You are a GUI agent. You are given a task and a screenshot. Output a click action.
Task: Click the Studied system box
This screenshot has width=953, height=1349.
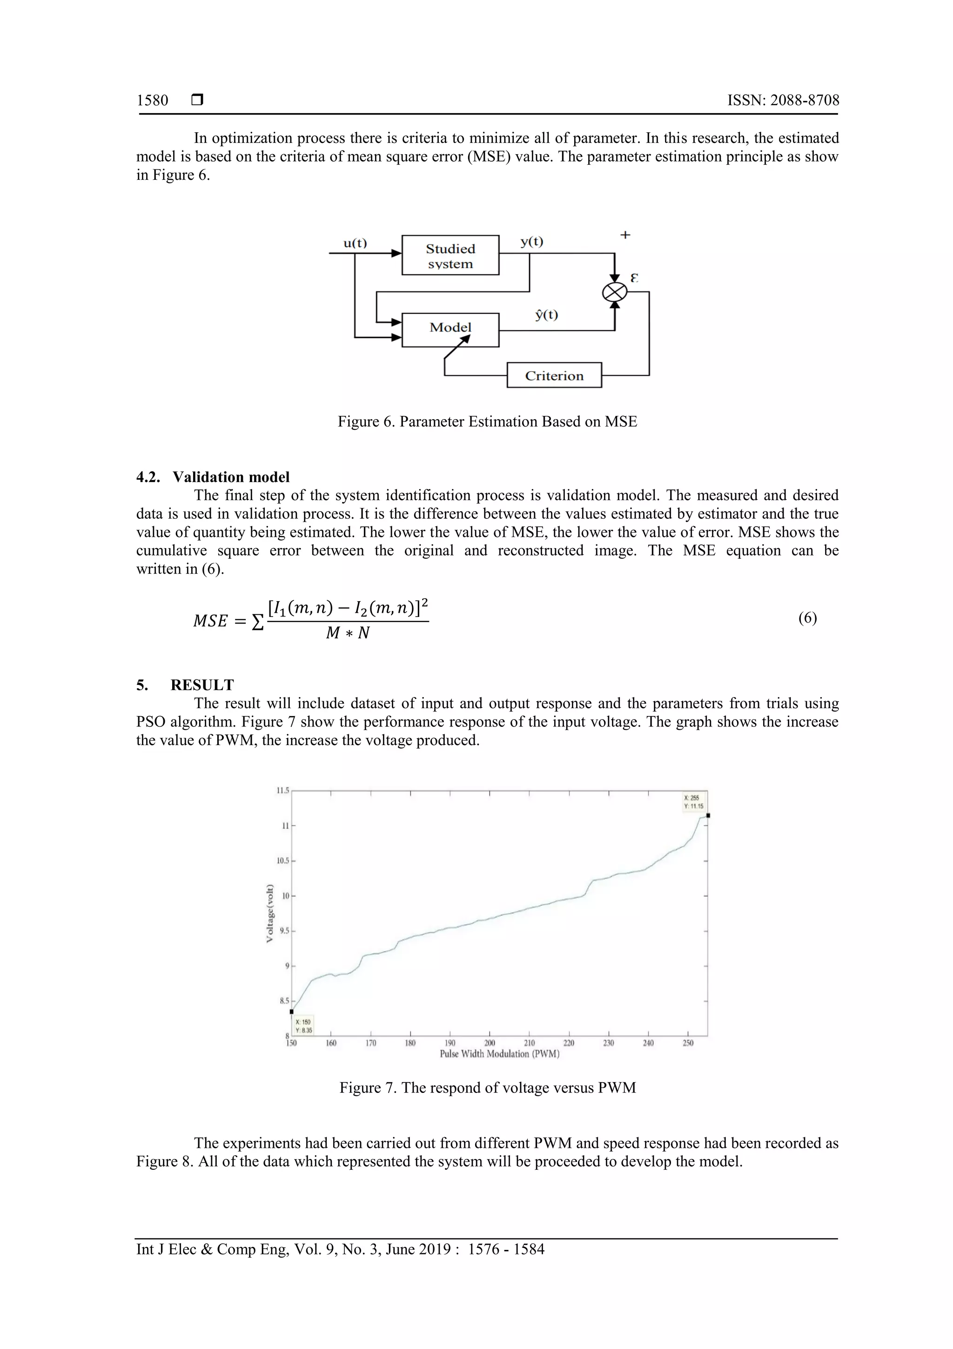point(450,256)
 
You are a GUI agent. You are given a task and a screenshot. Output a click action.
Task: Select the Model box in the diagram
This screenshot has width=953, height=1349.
point(450,328)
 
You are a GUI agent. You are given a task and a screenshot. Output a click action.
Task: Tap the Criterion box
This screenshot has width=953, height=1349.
point(554,375)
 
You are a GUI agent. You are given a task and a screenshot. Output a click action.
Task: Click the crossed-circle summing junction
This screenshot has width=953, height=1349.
point(615,292)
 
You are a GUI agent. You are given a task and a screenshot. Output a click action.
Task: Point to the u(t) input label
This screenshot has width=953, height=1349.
point(355,243)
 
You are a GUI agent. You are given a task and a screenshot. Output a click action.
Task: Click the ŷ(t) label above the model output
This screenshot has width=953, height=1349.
point(546,315)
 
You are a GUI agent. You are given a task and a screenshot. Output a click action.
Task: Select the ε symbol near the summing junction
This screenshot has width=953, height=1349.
point(634,278)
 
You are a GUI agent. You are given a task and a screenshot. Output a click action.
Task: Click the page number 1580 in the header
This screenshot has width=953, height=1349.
point(152,101)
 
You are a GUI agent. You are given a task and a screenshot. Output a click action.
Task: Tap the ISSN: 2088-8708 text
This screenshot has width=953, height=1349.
point(783,101)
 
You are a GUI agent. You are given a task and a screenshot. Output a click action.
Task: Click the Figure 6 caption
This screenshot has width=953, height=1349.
point(487,421)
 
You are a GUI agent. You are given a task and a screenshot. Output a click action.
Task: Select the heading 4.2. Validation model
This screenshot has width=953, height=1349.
point(213,476)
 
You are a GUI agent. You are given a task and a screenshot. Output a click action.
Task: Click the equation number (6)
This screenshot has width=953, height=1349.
point(807,617)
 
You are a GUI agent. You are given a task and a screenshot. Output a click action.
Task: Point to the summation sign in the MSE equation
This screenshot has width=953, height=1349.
point(258,622)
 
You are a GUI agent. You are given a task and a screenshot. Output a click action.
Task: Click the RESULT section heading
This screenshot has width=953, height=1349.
point(201,685)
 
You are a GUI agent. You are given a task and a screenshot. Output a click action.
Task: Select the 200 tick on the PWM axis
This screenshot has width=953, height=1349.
point(489,1043)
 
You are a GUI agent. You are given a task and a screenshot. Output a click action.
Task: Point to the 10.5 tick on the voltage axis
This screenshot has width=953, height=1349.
point(283,861)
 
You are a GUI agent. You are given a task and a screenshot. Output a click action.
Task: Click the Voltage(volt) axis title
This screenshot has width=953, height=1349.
point(269,913)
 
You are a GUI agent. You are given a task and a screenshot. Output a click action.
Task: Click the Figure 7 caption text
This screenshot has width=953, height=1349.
point(487,1088)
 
